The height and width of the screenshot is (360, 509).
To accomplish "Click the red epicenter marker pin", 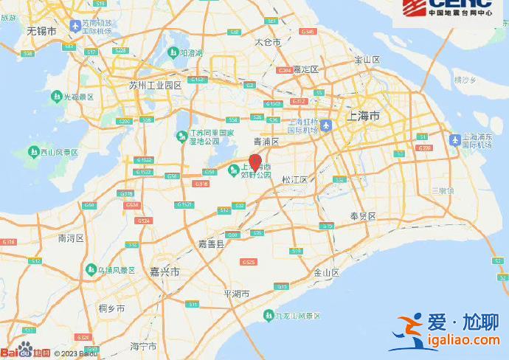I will point(255,163).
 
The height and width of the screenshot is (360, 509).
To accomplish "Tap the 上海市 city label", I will point(364,116).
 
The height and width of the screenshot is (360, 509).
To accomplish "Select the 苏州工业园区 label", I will point(155,86).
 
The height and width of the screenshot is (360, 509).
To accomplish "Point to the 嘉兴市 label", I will point(165,272).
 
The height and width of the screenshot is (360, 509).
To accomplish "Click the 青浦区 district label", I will point(266,141).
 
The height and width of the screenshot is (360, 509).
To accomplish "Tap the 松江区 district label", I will point(294,179).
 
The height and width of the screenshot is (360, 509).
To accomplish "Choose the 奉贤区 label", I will point(363,216).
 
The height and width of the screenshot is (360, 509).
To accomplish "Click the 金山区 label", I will point(325,272).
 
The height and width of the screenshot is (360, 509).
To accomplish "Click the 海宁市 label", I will point(143,345).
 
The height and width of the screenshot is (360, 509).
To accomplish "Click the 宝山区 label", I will point(367,59).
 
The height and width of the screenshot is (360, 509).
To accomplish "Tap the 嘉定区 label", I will point(305,69).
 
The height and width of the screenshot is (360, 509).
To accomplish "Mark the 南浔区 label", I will point(72,238).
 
